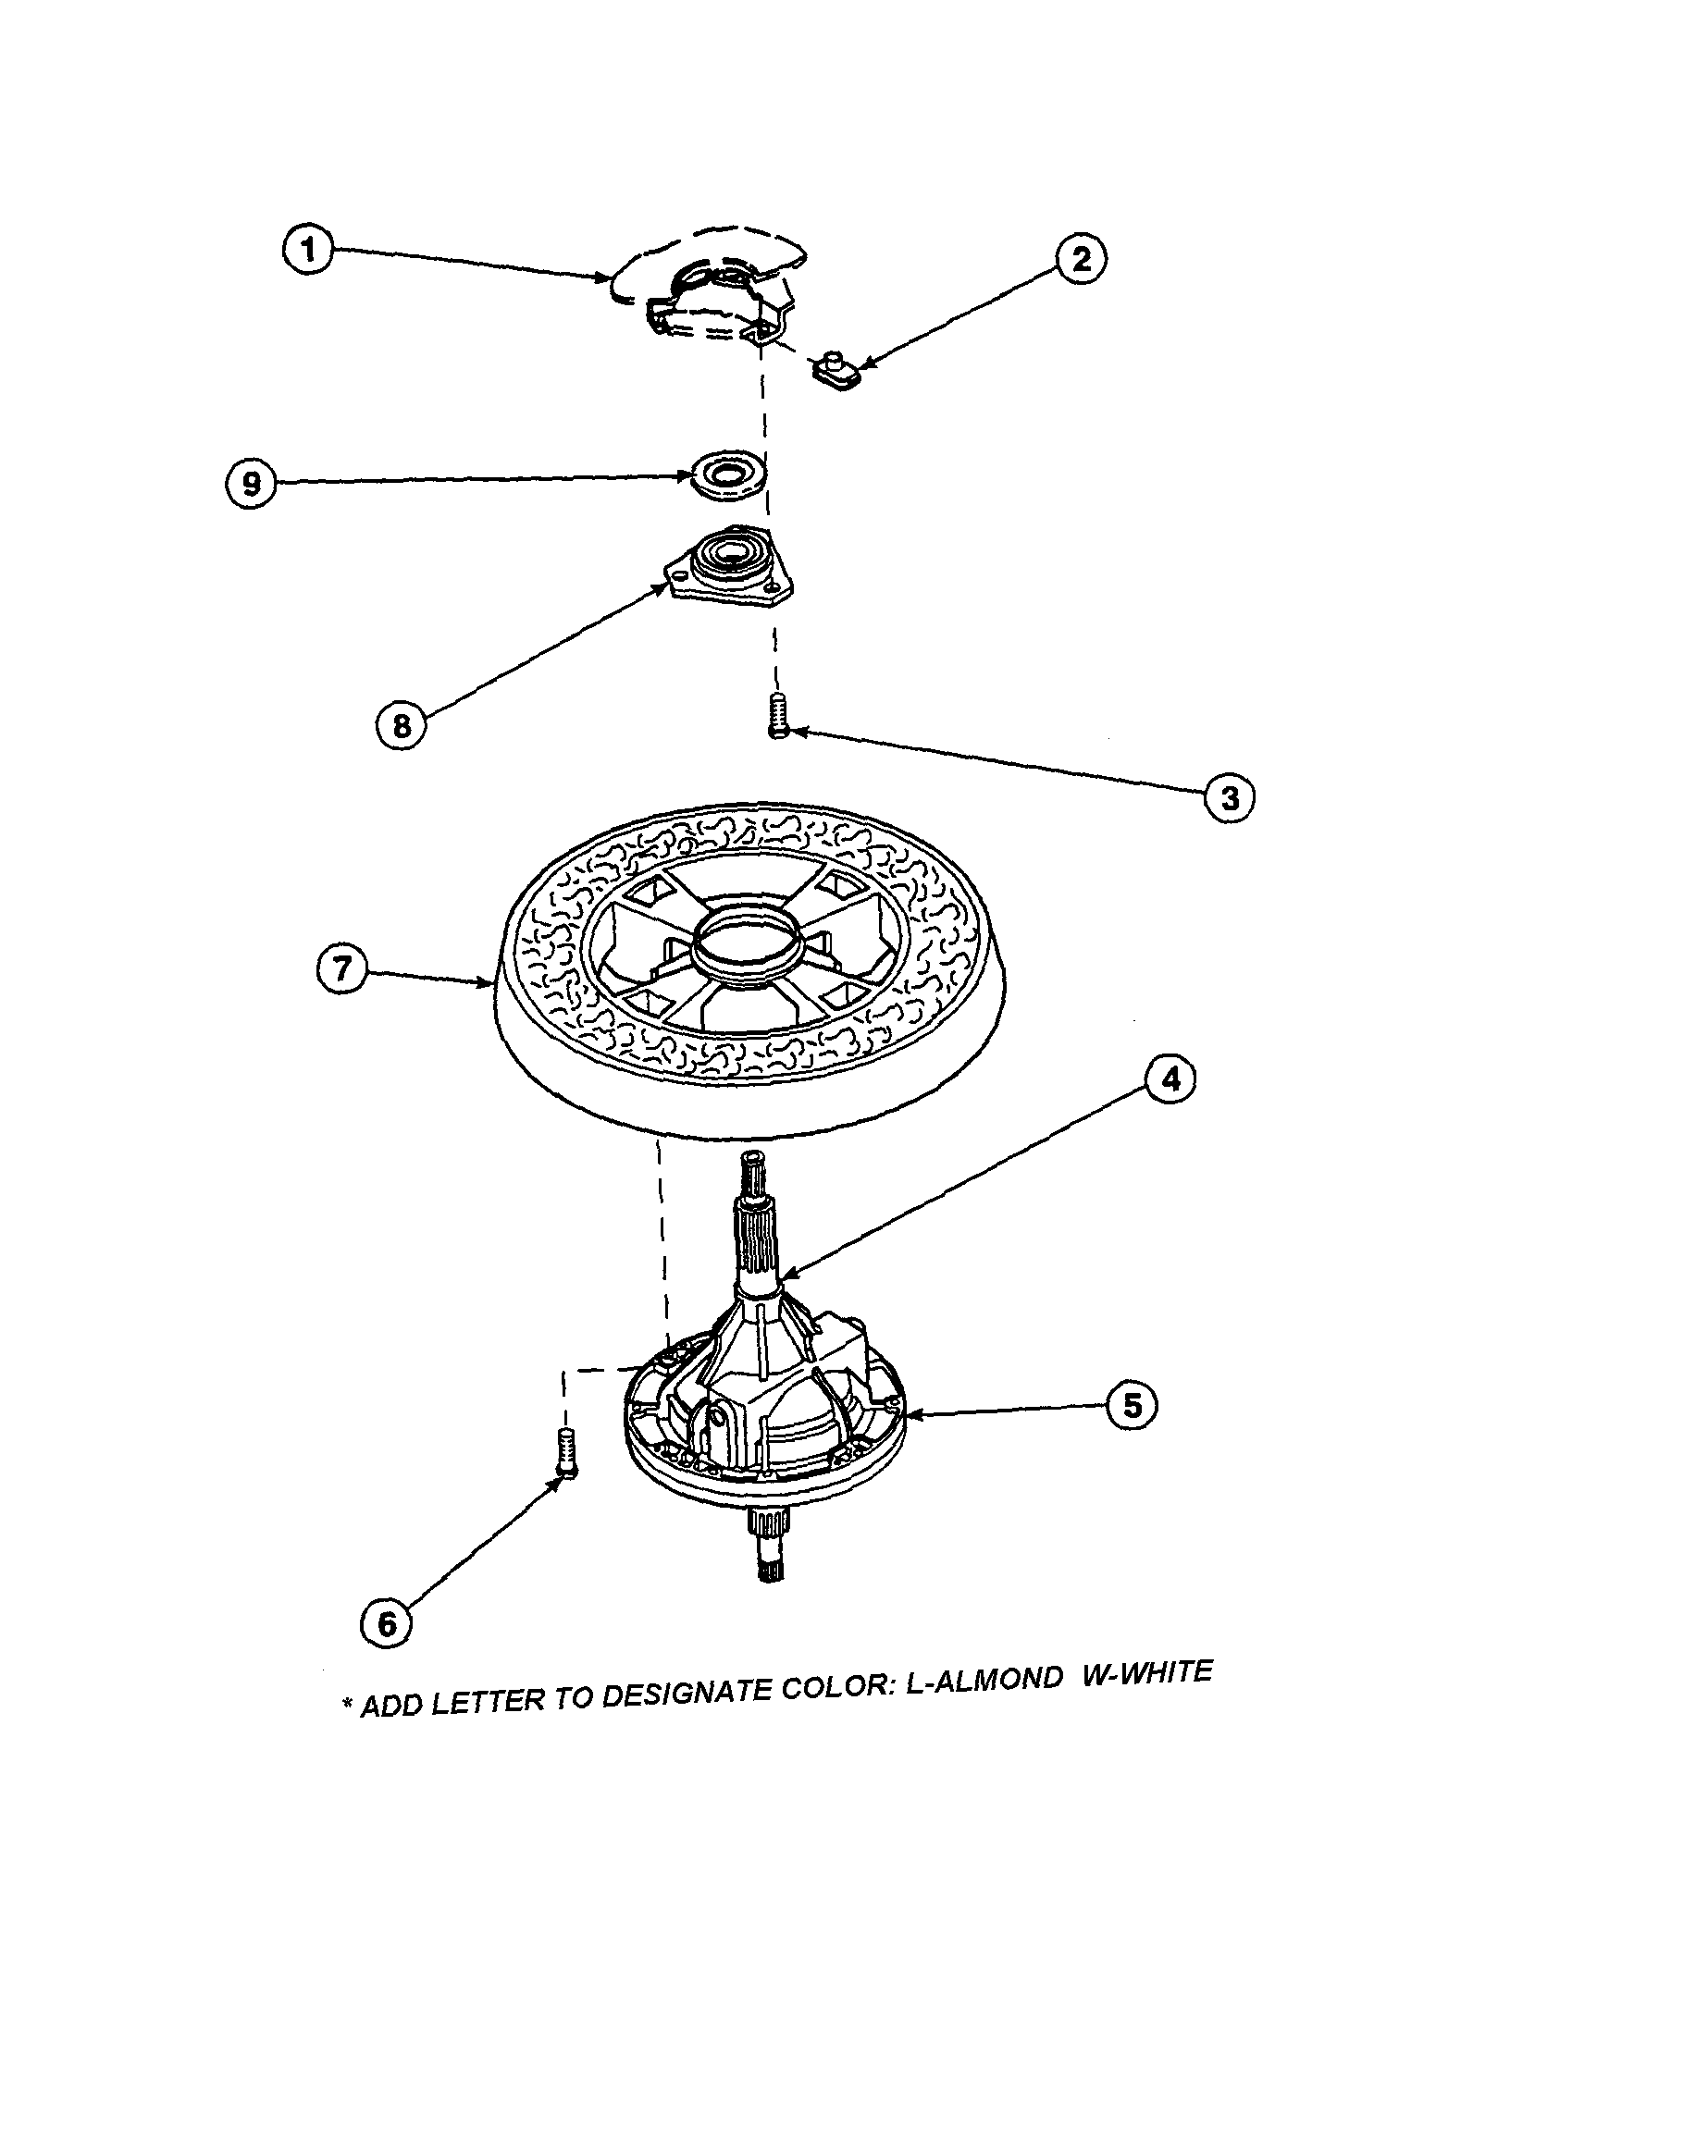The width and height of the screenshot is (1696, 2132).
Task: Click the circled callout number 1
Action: (307, 249)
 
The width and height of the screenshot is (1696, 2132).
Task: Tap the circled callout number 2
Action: (1081, 259)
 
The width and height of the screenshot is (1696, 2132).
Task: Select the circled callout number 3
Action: (1230, 798)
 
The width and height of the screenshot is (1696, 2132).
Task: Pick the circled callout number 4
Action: (1170, 1078)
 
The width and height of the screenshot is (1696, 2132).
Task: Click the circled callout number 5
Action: (1132, 1405)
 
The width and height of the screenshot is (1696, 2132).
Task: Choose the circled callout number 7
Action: (341, 968)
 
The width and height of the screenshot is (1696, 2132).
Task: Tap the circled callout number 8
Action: (401, 726)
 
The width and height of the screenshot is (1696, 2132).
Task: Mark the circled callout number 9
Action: (251, 485)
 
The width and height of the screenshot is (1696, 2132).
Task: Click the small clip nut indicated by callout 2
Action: (836, 373)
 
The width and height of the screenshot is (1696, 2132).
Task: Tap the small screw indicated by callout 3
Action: (778, 715)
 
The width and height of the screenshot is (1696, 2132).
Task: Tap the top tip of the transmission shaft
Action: (751, 1159)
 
